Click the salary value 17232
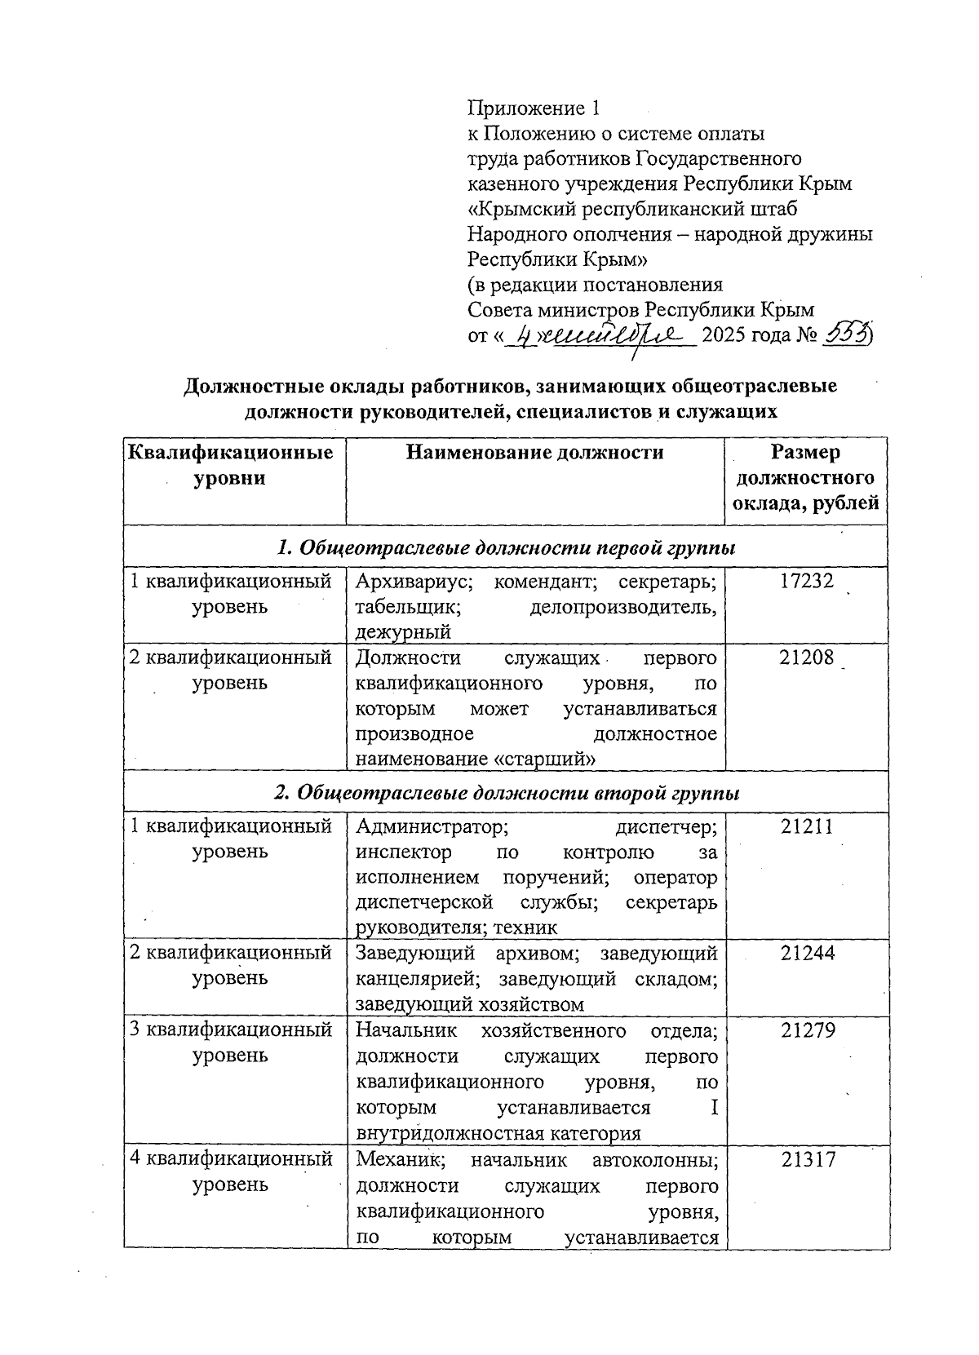[x=807, y=581]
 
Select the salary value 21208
[x=807, y=657]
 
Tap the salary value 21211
[x=807, y=826]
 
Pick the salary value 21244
[x=807, y=953]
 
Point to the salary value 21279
[x=807, y=1030]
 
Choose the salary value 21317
[x=807, y=1159]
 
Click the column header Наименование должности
[x=534, y=453]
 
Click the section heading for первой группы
[x=507, y=548]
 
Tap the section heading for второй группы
[x=507, y=793]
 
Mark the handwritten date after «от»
[x=600, y=334]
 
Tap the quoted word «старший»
[x=543, y=759]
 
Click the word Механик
[x=394, y=1159]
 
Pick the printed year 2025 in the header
[x=724, y=334]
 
